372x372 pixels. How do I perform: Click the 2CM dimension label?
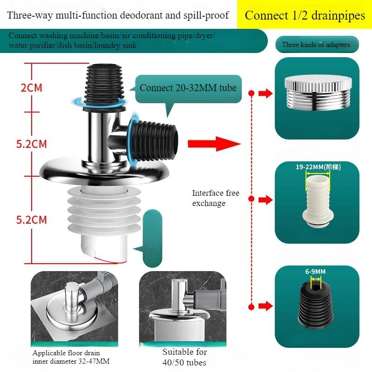coord(32,88)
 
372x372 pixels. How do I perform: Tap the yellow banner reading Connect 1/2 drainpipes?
coord(305,15)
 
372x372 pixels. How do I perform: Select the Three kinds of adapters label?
coord(317,45)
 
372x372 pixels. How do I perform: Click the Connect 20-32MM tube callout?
coord(188,88)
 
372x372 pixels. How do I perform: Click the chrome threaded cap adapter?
coord(318,93)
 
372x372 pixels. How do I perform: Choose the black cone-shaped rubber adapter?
coord(315,303)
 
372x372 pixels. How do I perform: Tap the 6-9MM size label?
coord(315,272)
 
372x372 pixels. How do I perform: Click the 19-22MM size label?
coord(318,167)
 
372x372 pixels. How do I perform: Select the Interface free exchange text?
coord(215,198)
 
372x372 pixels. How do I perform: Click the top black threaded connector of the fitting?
coord(104,86)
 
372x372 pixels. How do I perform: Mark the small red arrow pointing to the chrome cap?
coord(266,93)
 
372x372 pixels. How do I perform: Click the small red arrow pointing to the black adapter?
coord(266,306)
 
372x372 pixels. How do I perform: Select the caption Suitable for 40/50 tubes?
coord(185,357)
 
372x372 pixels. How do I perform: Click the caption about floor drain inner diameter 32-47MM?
coord(71,357)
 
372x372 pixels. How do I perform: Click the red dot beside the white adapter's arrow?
coord(252,199)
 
